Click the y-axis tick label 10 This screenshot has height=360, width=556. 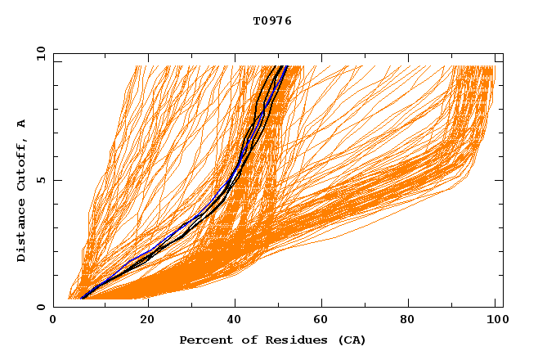[39, 53]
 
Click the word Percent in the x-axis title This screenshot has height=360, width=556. [203, 340]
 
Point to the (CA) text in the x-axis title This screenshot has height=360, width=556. [352, 340]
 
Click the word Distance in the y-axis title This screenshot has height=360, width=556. [22, 234]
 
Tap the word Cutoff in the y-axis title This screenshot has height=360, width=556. [22, 164]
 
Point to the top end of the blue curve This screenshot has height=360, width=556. [286, 66]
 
